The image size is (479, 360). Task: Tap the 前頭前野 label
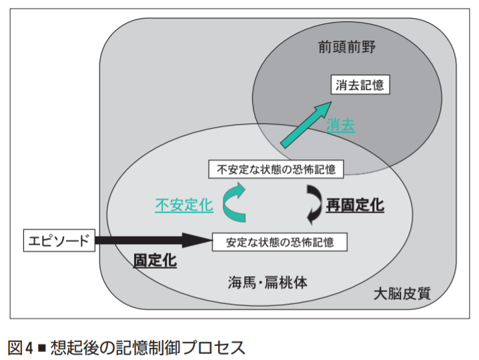[x=348, y=49]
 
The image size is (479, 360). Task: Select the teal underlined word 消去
[x=340, y=125]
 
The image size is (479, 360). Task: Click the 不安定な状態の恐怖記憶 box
[x=276, y=169]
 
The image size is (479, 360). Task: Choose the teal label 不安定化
[x=183, y=205]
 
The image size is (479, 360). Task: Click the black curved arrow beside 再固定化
[x=312, y=204]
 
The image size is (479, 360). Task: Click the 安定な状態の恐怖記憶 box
[x=280, y=241]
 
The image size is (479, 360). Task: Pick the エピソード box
[x=59, y=240]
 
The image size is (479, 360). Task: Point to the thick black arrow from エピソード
[x=153, y=240]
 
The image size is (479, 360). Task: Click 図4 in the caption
[x=21, y=347]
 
